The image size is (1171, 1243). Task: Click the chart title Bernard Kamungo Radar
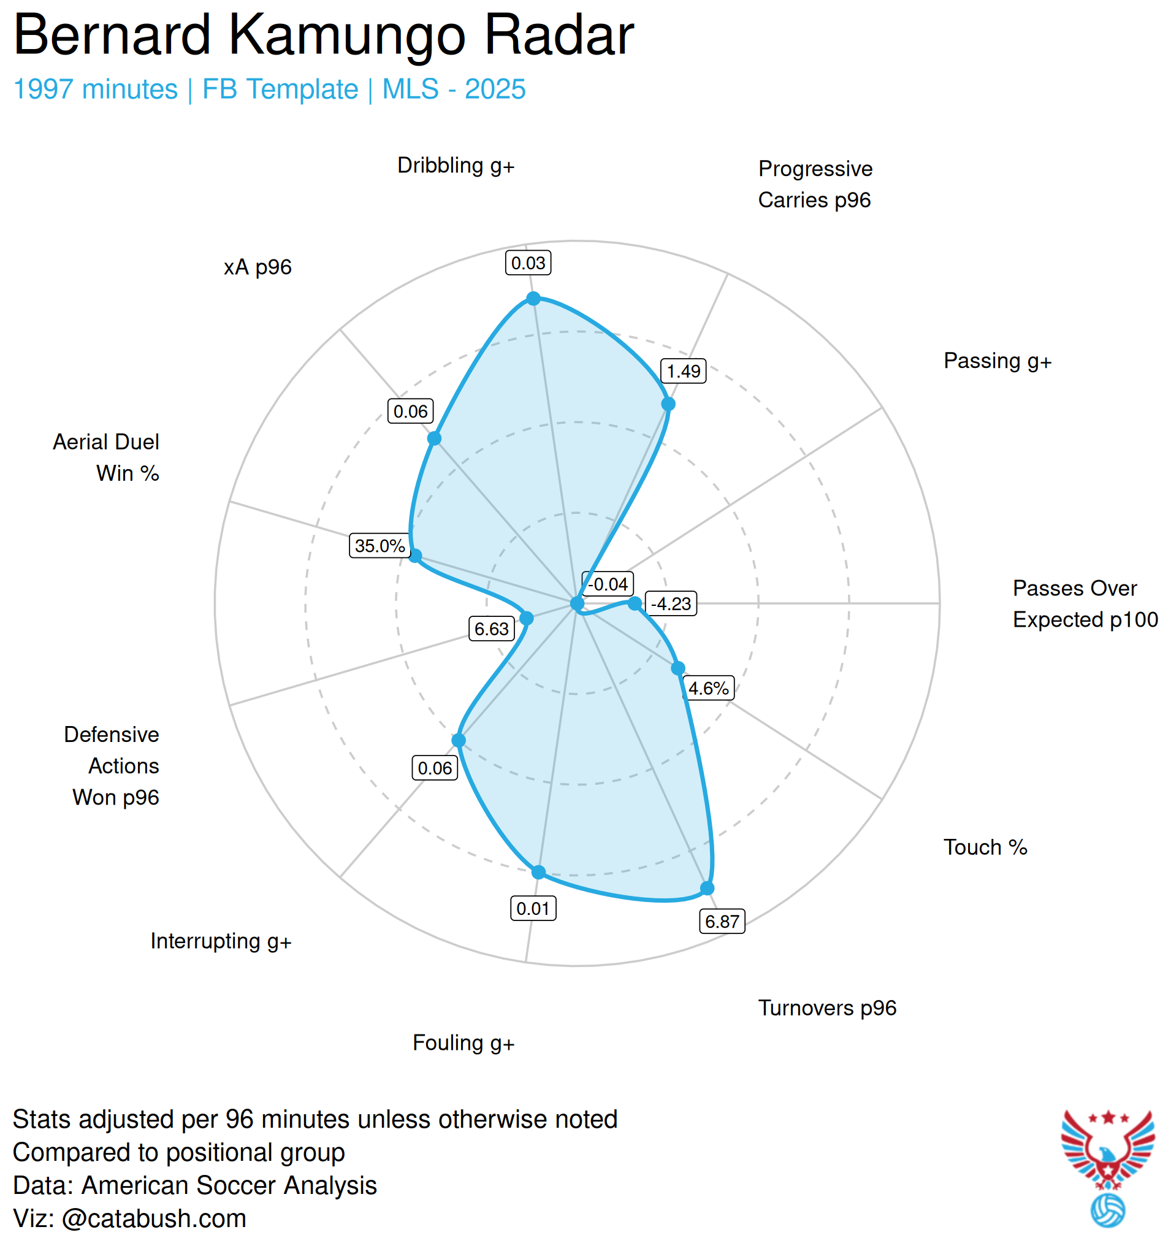[x=323, y=36]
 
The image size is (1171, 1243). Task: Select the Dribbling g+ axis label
[x=456, y=166]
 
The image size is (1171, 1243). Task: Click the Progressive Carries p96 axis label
[x=815, y=185]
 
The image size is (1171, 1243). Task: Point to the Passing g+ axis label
[x=997, y=361]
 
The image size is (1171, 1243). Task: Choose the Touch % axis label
[x=985, y=847]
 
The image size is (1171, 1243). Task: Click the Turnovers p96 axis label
[x=827, y=1008]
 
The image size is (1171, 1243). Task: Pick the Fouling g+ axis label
[x=463, y=1043]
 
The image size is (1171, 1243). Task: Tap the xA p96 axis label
[x=257, y=267]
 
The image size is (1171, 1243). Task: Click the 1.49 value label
[x=684, y=372]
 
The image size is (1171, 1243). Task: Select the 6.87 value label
[x=722, y=922]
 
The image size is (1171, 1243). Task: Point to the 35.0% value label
[x=380, y=546]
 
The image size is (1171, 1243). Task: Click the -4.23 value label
[x=671, y=604]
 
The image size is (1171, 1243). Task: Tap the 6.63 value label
[x=492, y=629]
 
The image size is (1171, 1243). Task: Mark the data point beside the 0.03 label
[x=533, y=299]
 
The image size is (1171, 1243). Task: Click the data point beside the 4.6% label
[x=677, y=668]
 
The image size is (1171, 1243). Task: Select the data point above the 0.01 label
[x=538, y=872]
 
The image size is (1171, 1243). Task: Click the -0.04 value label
[x=608, y=584]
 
